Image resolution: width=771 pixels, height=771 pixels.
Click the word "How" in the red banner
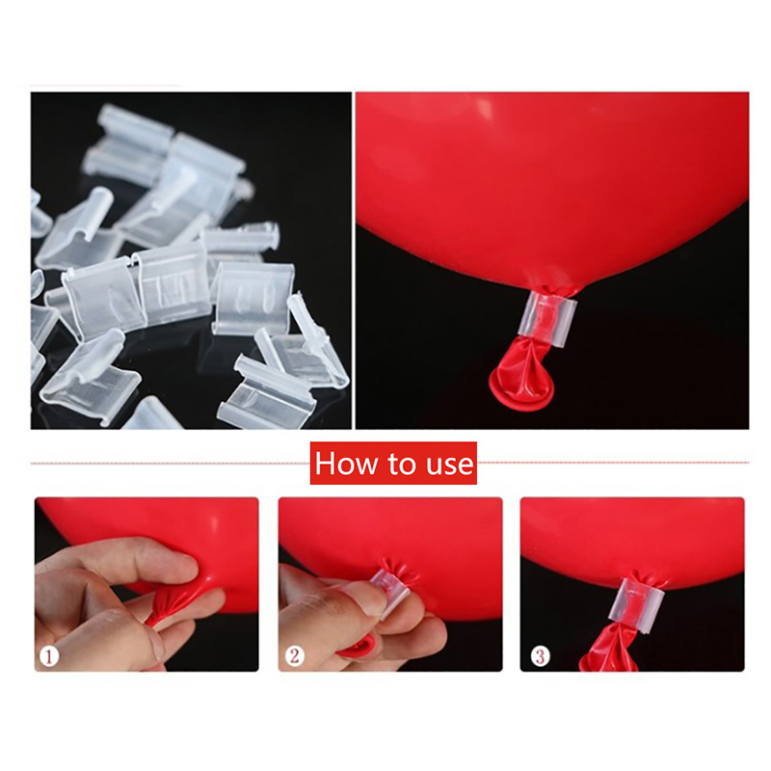pos(346,464)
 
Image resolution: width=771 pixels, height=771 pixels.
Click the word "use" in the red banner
pos(449,465)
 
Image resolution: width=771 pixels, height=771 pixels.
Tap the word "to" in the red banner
pos(401,464)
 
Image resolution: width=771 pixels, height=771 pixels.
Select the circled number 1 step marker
pos(49,656)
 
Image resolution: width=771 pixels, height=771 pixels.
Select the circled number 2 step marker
pos(294,656)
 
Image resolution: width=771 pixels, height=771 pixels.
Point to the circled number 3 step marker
pos(540,656)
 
